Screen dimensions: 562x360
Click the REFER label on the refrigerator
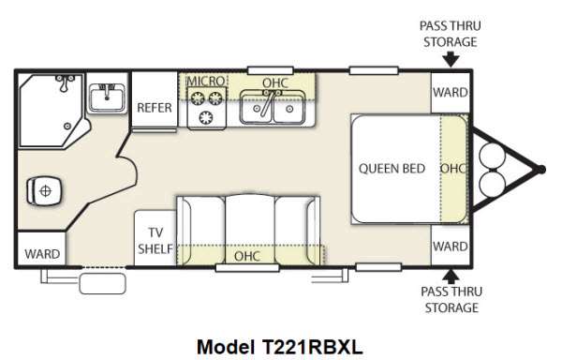pyautogui.click(x=155, y=108)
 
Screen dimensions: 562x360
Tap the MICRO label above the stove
pyautogui.click(x=206, y=81)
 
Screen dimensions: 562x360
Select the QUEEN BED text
pyautogui.click(x=392, y=169)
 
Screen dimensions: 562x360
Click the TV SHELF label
pyautogui.click(x=155, y=241)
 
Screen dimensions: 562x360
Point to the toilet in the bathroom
pyautogui.click(x=44, y=190)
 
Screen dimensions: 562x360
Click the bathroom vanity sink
pyautogui.click(x=107, y=97)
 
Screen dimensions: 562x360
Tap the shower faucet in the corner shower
pyautogui.click(x=65, y=82)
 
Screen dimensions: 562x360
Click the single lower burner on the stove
pyautogui.click(x=206, y=117)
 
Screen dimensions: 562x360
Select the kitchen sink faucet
pyautogui.click(x=269, y=102)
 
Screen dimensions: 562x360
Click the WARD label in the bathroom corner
pyautogui.click(x=42, y=254)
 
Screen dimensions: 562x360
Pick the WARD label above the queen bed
pyautogui.click(x=451, y=93)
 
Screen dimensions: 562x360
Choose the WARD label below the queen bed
pyautogui.click(x=451, y=247)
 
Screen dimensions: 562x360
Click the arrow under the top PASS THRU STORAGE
pyautogui.click(x=451, y=59)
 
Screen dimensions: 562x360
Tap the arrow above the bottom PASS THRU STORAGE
pyautogui.click(x=451, y=277)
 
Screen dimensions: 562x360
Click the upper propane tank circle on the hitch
pyautogui.click(x=493, y=157)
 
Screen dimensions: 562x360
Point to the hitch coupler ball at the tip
pyautogui.click(x=541, y=169)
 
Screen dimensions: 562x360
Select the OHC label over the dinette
pyautogui.click(x=247, y=256)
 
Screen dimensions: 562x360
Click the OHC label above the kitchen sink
pyautogui.click(x=275, y=82)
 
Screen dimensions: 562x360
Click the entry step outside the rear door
pyautogui.click(x=102, y=283)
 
